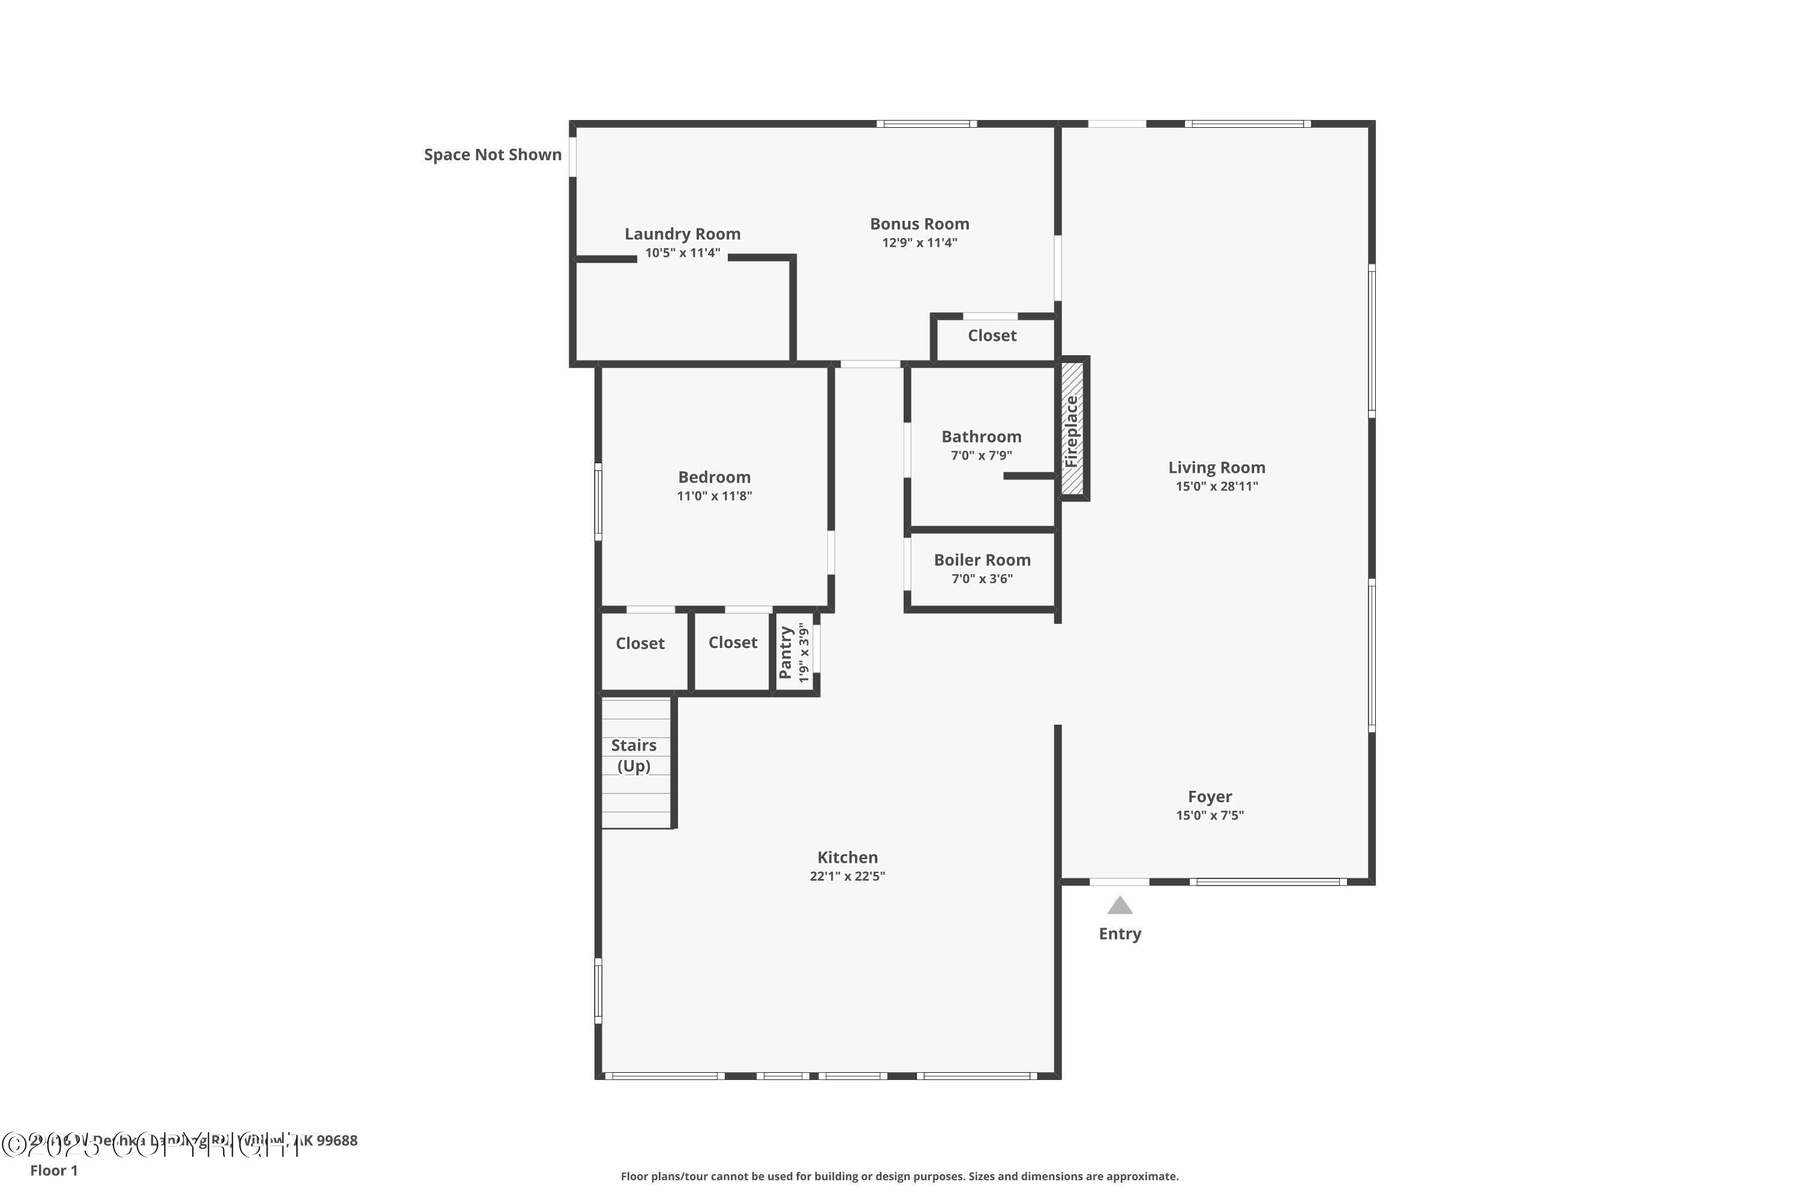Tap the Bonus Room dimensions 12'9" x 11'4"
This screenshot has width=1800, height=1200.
click(919, 242)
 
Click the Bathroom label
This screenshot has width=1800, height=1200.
click(981, 436)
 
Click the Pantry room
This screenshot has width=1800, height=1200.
click(794, 653)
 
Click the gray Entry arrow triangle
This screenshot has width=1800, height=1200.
click(1120, 906)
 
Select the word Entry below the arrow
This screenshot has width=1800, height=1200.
click(1120, 934)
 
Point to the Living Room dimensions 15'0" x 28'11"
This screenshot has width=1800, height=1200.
click(1216, 486)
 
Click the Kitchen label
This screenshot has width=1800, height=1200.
click(847, 857)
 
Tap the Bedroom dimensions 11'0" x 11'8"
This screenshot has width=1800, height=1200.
click(714, 496)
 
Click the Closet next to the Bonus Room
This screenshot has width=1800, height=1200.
click(992, 335)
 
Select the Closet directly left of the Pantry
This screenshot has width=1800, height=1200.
click(733, 642)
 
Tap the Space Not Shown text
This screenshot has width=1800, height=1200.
click(492, 155)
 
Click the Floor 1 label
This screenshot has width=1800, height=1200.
click(53, 1170)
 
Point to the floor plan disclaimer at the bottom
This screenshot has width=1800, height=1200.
click(899, 1176)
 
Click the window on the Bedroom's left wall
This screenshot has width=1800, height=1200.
click(598, 501)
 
